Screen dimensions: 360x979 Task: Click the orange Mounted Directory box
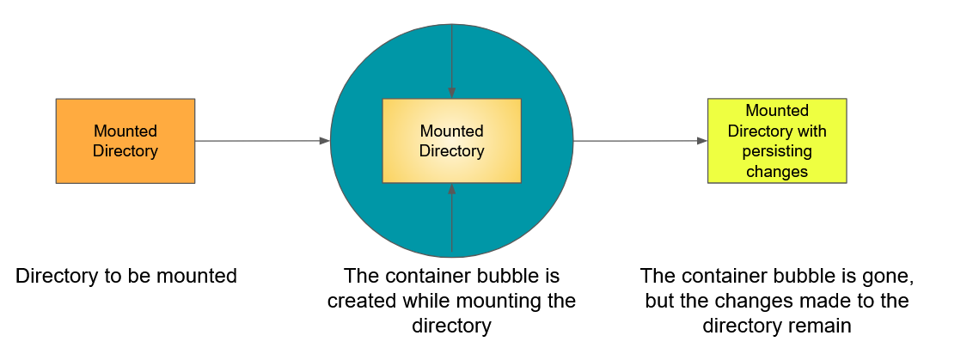pos(125,141)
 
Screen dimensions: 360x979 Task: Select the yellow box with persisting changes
pos(776,140)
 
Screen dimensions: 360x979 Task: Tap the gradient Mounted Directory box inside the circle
pos(451,141)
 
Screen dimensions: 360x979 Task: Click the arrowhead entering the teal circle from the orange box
pos(325,141)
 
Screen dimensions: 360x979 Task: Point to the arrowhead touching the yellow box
pos(701,141)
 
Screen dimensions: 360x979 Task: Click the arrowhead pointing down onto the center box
pos(451,94)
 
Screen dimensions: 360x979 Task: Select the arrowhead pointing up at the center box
pos(451,188)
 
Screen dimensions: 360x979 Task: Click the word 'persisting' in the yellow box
pos(777,151)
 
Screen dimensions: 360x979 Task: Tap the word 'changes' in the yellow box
pos(777,171)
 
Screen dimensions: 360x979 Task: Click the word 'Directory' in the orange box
pos(125,151)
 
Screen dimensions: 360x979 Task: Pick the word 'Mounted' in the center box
pos(451,131)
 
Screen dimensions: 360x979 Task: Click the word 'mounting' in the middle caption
pos(512,302)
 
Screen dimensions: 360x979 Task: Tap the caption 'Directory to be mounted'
pos(126,277)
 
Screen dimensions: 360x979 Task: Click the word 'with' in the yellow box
pos(811,131)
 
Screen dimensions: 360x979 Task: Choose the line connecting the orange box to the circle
pos(258,141)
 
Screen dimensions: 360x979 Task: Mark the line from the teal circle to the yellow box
pos(636,141)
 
